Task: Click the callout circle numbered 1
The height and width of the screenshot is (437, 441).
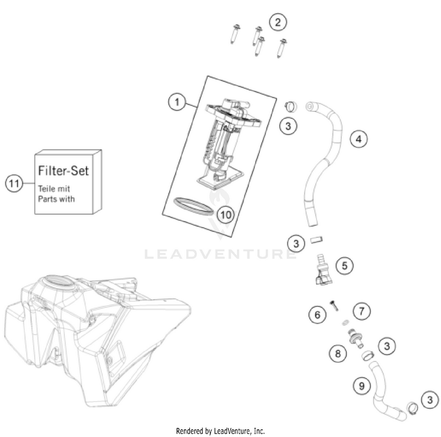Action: click(175, 102)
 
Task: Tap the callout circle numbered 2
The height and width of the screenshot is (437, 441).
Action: click(278, 22)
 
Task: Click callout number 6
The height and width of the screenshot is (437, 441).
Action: click(318, 316)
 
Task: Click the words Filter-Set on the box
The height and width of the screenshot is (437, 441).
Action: click(64, 171)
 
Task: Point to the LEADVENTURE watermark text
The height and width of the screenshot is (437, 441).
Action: click(220, 254)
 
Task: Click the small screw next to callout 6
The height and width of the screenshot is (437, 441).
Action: click(333, 304)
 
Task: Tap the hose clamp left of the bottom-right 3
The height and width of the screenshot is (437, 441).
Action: click(410, 406)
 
